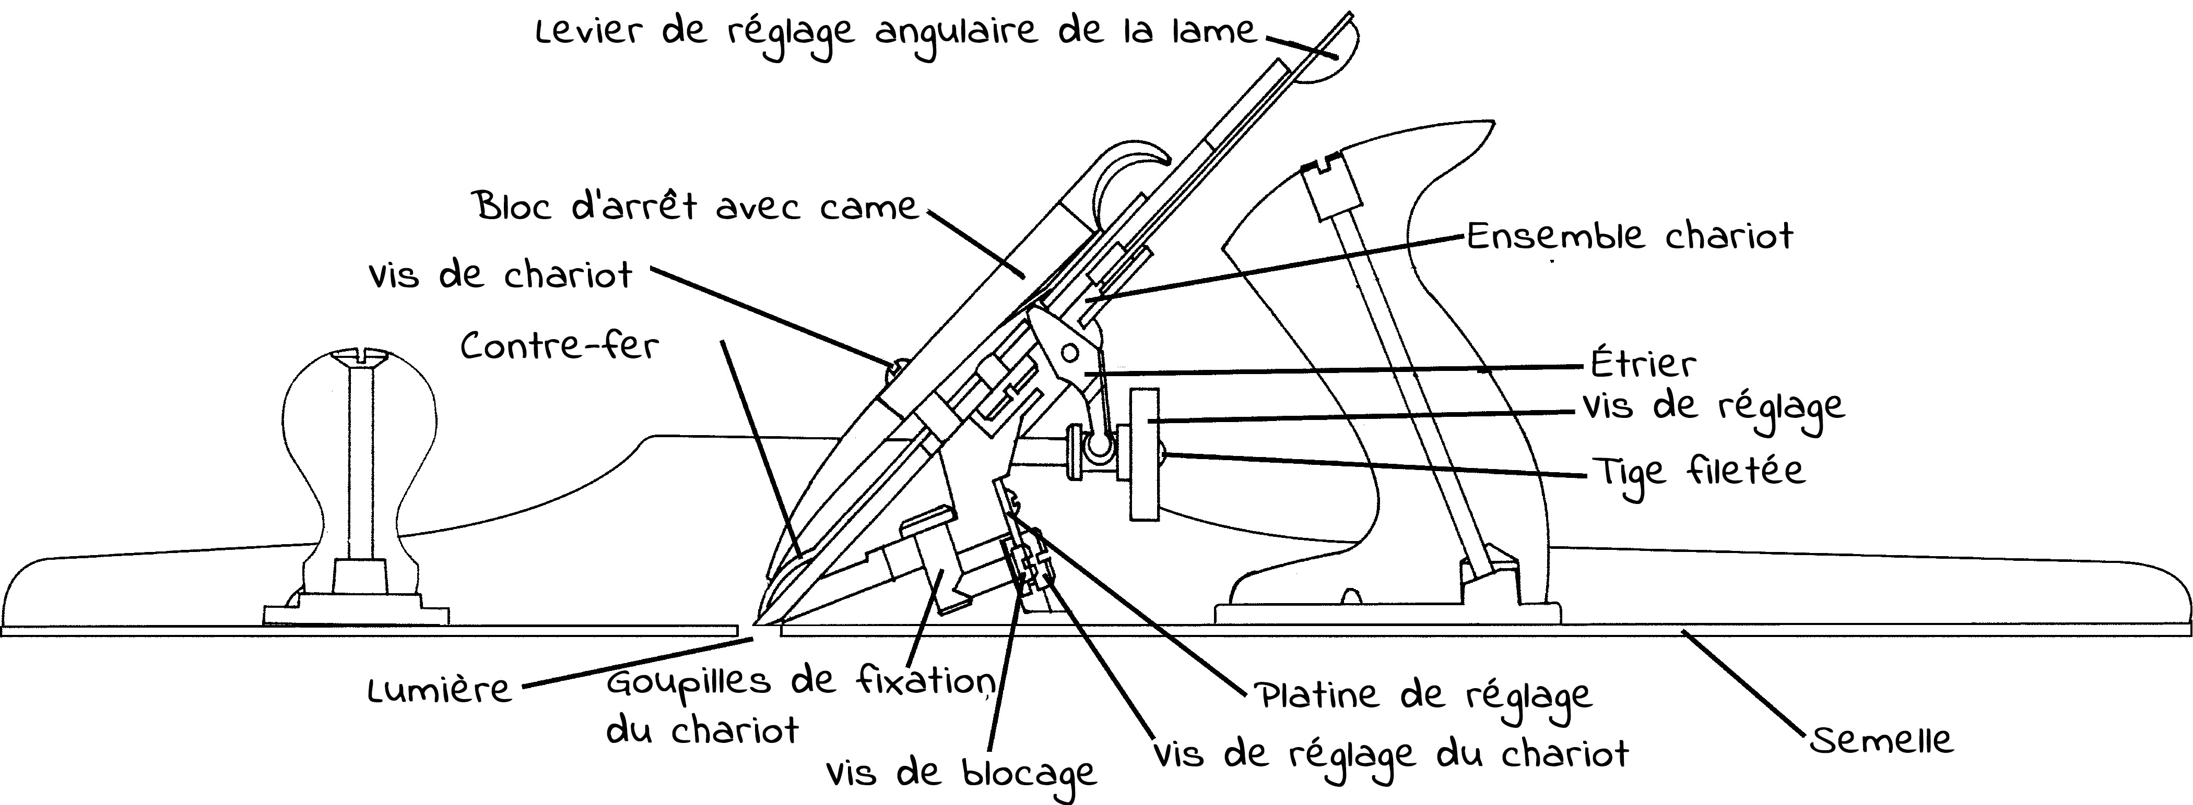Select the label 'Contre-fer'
pos(559,345)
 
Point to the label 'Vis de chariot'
pos(501,275)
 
